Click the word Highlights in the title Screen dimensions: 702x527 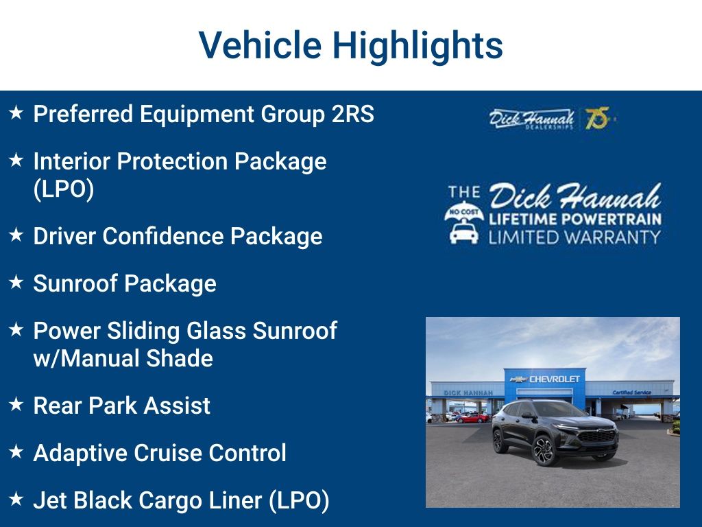tap(417, 45)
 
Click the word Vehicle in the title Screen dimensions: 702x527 tap(260, 45)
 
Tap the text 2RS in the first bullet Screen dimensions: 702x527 tap(353, 114)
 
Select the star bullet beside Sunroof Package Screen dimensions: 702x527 tap(16, 282)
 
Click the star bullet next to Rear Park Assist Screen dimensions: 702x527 tap(16, 404)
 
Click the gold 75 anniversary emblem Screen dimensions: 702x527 tap(598, 118)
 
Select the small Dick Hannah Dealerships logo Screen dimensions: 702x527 tap(531, 119)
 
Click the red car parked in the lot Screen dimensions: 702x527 tap(473, 418)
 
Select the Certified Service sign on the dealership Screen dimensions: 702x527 tap(631, 393)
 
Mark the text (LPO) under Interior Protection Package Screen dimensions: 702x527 tap(64, 189)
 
